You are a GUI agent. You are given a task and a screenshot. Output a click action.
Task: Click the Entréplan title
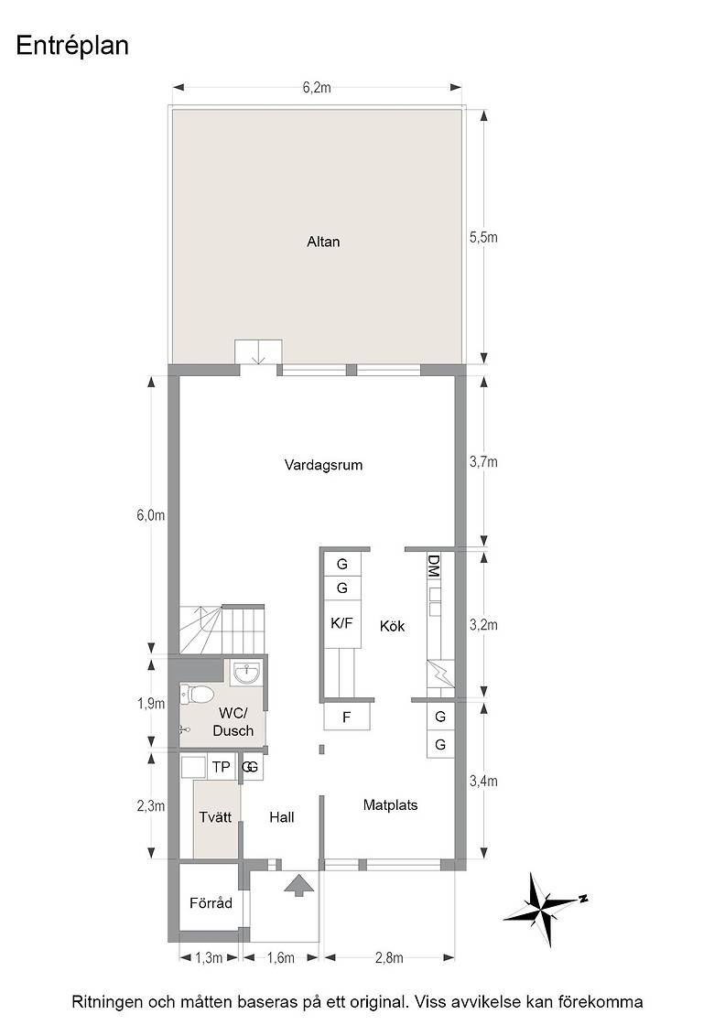point(72,47)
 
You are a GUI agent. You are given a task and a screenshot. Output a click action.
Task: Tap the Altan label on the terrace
point(323,242)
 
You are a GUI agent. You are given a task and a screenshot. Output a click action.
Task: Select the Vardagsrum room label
point(323,466)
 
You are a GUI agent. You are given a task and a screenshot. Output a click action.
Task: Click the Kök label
point(392,626)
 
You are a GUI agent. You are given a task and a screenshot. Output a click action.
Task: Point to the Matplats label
point(390,805)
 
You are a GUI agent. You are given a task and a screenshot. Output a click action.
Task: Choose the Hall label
point(282,817)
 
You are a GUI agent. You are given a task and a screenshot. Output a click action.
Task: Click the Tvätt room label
point(215,817)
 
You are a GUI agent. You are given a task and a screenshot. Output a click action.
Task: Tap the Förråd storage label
point(211,903)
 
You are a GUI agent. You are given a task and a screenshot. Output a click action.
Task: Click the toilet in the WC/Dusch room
point(197,695)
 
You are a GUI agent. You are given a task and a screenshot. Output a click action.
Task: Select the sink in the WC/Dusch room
point(246,674)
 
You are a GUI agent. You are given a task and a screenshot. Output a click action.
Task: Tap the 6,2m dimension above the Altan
point(317,88)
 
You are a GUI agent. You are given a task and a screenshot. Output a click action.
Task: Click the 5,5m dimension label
point(483,237)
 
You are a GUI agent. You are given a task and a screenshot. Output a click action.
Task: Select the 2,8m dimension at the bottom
point(389,957)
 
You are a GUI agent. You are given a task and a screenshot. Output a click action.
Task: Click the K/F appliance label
point(341,623)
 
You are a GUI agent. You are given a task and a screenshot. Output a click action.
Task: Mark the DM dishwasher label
point(433,566)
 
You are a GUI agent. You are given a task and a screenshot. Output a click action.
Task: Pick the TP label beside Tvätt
point(221,766)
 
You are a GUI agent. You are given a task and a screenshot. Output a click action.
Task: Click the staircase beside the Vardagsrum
point(222,629)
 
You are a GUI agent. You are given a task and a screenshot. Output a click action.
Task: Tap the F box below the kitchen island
point(347,717)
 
